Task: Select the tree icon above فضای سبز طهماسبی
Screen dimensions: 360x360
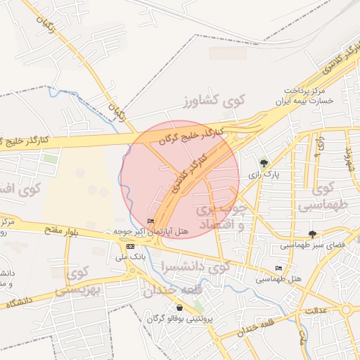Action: (x=312, y=235)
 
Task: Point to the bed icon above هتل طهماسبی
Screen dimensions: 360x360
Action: (x=279, y=269)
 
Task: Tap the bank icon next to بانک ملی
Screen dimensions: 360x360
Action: (x=130, y=246)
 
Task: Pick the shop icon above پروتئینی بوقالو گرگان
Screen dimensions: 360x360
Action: (x=180, y=307)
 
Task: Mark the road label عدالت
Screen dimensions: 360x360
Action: (x=316, y=310)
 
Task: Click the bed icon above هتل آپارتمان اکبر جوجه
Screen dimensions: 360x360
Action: (x=151, y=221)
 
